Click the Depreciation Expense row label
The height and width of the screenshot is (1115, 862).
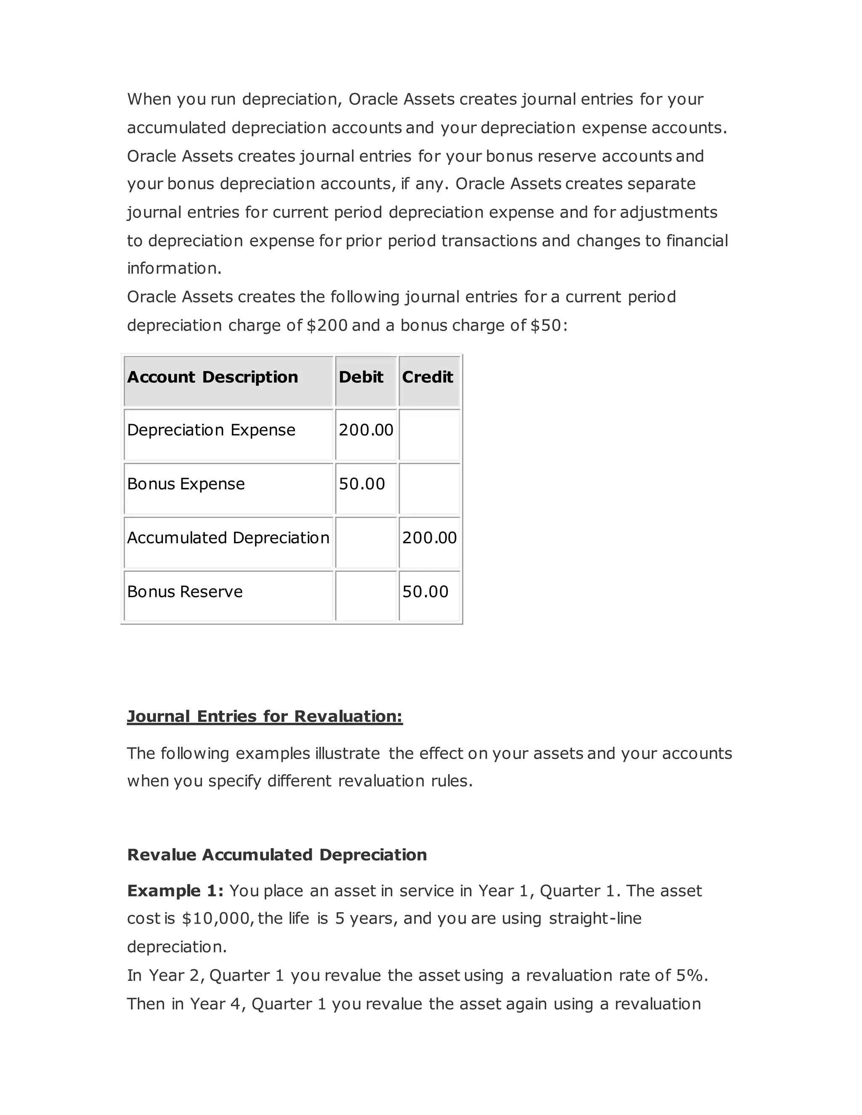211,430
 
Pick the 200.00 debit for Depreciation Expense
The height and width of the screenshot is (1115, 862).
366,430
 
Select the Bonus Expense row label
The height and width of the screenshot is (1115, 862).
186,483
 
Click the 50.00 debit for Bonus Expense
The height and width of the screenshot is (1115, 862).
362,483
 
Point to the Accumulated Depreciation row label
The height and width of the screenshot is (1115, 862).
228,538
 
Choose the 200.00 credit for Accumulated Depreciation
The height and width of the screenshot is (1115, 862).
429,538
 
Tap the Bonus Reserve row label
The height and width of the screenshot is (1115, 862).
185,591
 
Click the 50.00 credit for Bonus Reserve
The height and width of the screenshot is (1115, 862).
425,591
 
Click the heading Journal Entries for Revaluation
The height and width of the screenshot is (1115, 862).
264,716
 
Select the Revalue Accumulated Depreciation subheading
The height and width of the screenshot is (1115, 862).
277,855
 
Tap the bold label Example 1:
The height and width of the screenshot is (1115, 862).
175,891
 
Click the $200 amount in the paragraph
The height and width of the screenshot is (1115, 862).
326,325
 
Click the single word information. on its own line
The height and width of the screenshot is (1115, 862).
174,268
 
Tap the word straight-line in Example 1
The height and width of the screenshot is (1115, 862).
595,919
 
